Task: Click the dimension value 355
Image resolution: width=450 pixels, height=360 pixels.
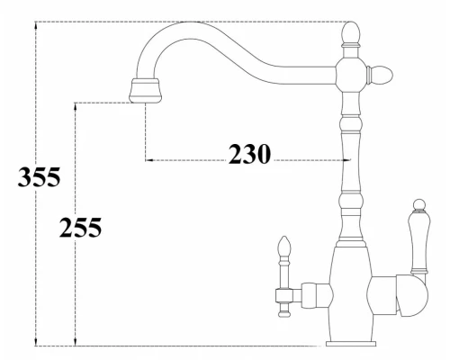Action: (38, 178)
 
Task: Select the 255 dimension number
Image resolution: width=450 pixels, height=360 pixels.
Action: (80, 229)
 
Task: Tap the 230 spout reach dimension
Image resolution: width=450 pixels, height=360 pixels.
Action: (248, 155)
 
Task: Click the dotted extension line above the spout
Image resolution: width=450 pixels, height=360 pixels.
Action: (180, 21)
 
